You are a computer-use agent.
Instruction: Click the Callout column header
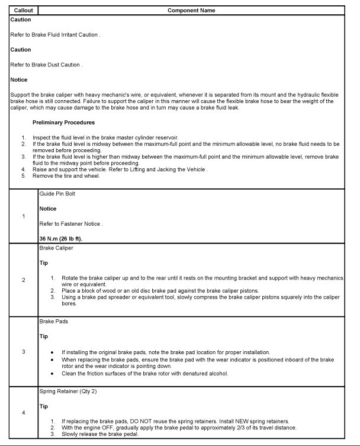pos(24,11)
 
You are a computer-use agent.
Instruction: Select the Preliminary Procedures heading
pos(63,123)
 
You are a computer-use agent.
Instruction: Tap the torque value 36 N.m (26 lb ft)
pos(60,238)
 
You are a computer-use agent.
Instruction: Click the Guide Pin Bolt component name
pos(57,194)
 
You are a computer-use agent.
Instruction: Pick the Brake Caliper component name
pos(56,249)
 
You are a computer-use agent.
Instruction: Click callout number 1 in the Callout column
pos(24,216)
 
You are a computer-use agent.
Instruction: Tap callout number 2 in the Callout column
pos(24,280)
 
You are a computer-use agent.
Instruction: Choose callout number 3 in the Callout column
pos(24,352)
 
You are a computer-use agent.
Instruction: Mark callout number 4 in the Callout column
pos(24,413)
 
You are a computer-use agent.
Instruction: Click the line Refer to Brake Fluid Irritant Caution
pos(55,35)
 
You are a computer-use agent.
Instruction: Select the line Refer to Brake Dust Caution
pos(46,65)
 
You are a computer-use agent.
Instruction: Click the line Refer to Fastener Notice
pos(71,223)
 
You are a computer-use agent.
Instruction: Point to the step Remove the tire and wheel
pos(67,176)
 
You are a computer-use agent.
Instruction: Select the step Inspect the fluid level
pos(105,137)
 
